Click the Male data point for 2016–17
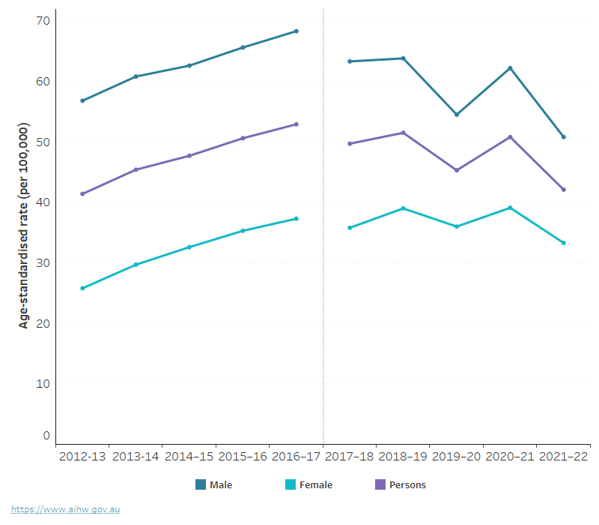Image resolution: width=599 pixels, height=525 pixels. pyautogui.click(x=297, y=31)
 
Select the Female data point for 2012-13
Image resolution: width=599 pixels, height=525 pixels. pyautogui.click(x=82, y=288)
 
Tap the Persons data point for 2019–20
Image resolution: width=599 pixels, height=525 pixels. pyautogui.click(x=457, y=170)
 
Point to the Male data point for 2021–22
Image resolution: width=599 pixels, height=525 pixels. pyautogui.click(x=564, y=137)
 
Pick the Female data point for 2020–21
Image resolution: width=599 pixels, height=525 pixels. pyautogui.click(x=510, y=208)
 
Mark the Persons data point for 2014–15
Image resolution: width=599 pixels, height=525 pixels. pyautogui.click(x=189, y=156)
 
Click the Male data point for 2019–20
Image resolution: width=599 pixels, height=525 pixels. pyautogui.click(x=457, y=115)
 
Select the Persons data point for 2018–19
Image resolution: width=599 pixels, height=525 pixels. pyautogui.click(x=404, y=133)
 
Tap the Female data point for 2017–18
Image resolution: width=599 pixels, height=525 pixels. pyautogui.click(x=350, y=227)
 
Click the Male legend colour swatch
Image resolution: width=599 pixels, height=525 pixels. pyautogui.click(x=201, y=484)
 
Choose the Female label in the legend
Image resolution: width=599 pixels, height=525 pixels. pyautogui.click(x=315, y=485)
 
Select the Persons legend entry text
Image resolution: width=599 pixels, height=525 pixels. pyautogui.click(x=407, y=485)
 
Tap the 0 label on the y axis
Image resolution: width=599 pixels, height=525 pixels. pyautogui.click(x=46, y=435)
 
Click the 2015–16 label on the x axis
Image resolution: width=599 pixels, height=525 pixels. pyautogui.click(x=243, y=457)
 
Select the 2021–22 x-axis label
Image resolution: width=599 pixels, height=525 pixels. pyautogui.click(x=563, y=457)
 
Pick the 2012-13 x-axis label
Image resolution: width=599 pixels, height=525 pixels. pyautogui.click(x=82, y=457)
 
